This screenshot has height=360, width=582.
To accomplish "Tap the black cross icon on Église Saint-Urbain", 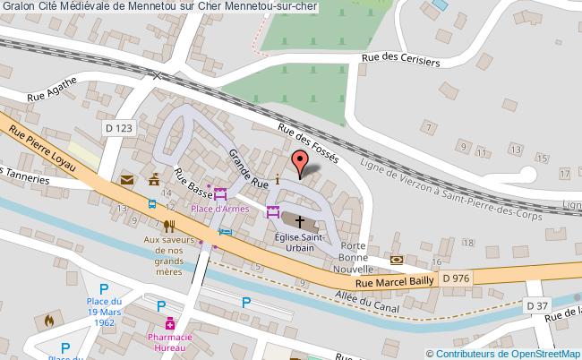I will [299, 218].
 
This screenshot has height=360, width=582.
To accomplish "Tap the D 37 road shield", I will [537, 306].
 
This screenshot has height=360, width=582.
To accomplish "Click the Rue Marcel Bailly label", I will [394, 281].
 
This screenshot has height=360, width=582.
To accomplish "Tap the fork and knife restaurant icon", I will [167, 227].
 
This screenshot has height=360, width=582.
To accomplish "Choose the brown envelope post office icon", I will [127, 181].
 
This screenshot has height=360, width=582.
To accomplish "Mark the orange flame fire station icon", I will [47, 319].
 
